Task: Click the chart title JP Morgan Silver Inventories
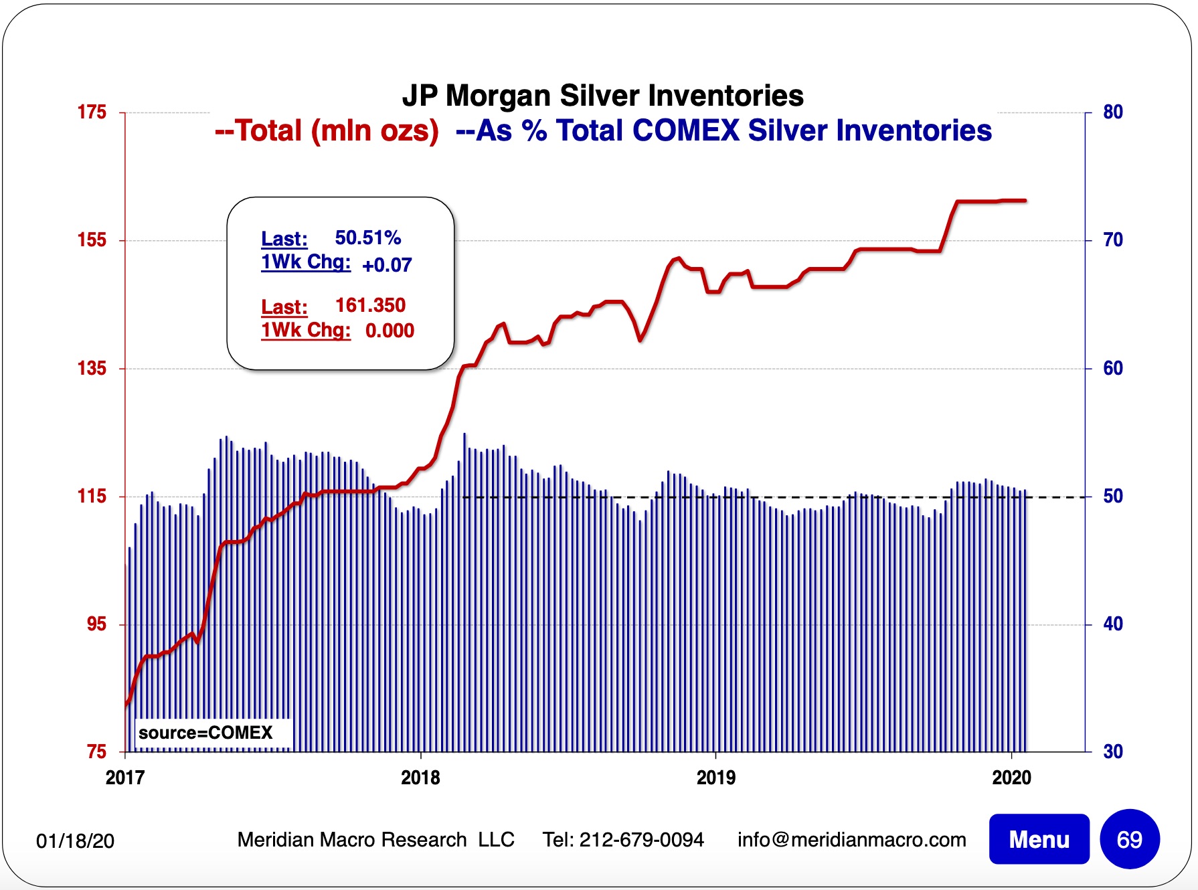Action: [x=602, y=96]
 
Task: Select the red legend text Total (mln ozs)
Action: [x=327, y=130]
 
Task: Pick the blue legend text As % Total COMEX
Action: [x=723, y=130]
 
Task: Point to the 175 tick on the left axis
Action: [x=92, y=112]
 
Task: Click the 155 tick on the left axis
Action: [x=92, y=240]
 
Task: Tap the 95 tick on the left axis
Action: [x=96, y=624]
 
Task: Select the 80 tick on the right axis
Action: [x=1112, y=112]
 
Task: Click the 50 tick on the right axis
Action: [x=1112, y=496]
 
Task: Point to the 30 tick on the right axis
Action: [x=1112, y=751]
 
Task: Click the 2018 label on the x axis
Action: [x=420, y=778]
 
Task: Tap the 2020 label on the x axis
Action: [x=1011, y=778]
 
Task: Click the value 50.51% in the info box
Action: [x=367, y=238]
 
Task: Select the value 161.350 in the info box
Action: [x=370, y=305]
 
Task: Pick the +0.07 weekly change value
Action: [x=387, y=265]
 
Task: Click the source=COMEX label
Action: [x=205, y=733]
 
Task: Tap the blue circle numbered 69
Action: [x=1129, y=839]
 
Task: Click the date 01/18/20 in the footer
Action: [x=75, y=841]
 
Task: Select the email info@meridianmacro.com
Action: [x=851, y=840]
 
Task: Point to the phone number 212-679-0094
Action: [x=641, y=840]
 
